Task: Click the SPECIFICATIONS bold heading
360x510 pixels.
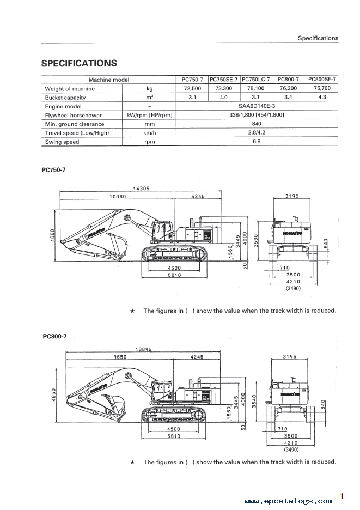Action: pyautogui.click(x=79, y=63)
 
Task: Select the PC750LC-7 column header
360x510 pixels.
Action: pyautogui.click(x=256, y=80)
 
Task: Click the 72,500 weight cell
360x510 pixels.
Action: pyautogui.click(x=192, y=88)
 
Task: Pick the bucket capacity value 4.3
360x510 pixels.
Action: pyautogui.click(x=322, y=97)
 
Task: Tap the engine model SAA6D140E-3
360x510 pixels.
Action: pyautogui.click(x=257, y=106)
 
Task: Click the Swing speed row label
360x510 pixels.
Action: pyautogui.click(x=62, y=142)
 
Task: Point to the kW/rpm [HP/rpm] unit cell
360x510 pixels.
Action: pyautogui.click(x=150, y=115)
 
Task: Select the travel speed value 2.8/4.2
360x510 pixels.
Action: pyautogui.click(x=257, y=132)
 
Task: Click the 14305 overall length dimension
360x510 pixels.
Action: pyautogui.click(x=141, y=189)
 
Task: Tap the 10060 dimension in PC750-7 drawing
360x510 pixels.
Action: pyautogui.click(x=118, y=197)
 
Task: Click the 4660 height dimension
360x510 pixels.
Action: pyautogui.click(x=53, y=235)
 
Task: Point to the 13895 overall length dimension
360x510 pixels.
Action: pyautogui.click(x=143, y=349)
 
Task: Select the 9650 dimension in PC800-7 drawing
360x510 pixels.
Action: pyautogui.click(x=120, y=357)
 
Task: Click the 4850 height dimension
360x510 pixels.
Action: pyautogui.click(x=54, y=394)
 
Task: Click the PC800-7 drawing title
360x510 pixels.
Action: pyautogui.click(x=54, y=336)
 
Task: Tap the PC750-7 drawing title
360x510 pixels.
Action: pyautogui.click(x=54, y=170)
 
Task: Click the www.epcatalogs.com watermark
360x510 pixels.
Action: pyautogui.click(x=288, y=501)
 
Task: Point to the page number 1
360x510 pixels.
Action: pyautogui.click(x=342, y=496)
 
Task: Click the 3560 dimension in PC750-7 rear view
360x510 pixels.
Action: pyautogui.click(x=255, y=241)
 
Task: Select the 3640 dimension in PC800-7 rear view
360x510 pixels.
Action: pyautogui.click(x=254, y=401)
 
